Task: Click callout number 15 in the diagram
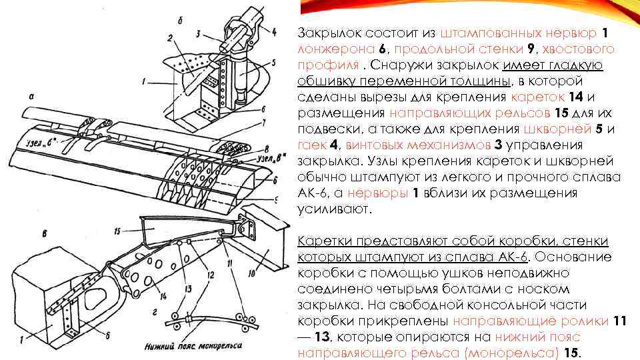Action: (117, 231)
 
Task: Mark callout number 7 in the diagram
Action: (264, 123)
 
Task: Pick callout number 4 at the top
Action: (274, 31)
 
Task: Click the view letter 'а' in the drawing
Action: (31, 96)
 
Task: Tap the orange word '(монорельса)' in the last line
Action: (523, 353)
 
